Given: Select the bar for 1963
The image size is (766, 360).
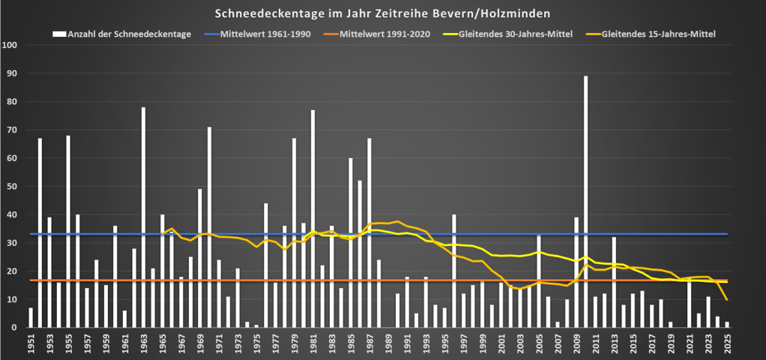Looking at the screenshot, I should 143,217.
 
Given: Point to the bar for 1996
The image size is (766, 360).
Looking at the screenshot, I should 454,271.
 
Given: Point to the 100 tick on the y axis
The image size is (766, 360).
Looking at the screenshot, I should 10,45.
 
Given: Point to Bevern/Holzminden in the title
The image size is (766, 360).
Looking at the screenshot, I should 495,13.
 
